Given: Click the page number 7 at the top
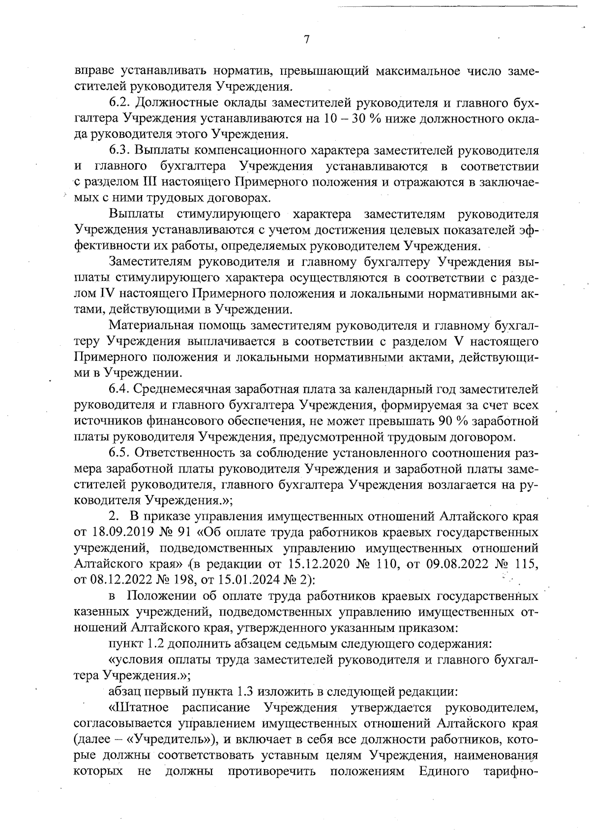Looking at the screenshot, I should tap(306, 40).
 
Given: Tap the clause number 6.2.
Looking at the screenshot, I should tap(120, 103).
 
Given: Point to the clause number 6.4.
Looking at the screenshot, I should tap(120, 389).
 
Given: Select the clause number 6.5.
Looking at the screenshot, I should tap(120, 453).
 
